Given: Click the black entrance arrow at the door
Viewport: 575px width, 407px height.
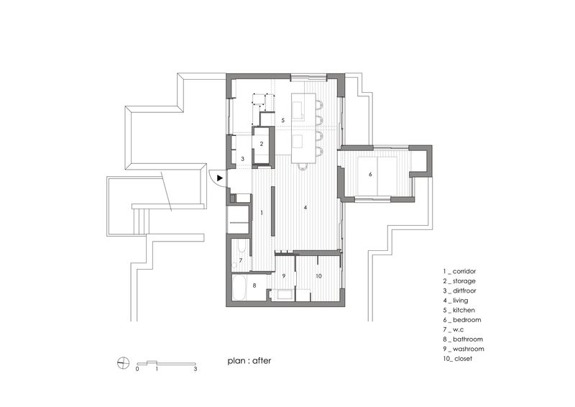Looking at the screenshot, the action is point(220,178).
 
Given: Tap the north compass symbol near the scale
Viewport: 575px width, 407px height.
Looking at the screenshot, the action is point(123,363).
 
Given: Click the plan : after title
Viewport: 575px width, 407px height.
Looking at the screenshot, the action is point(249,361).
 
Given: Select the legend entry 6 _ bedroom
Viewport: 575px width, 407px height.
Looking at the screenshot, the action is point(462,320).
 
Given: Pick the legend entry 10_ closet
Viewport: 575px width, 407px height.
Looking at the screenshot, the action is point(458,359).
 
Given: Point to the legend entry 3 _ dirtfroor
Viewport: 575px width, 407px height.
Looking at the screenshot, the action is point(459,291).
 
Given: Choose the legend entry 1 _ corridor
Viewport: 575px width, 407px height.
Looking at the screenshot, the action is point(459,271).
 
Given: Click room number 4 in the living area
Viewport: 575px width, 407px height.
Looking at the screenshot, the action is point(305,208).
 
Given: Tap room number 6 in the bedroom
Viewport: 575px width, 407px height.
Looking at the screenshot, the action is point(370,174).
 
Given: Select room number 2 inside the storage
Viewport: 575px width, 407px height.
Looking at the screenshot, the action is point(262,145).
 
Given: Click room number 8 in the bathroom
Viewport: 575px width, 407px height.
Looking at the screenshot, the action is point(254,285).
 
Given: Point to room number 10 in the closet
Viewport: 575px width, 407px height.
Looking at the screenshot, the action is point(318,276).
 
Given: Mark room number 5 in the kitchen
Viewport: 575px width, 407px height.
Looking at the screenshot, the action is point(282,120).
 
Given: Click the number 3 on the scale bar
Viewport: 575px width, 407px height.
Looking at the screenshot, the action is point(195,369).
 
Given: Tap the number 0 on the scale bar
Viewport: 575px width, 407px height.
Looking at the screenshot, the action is point(137,369).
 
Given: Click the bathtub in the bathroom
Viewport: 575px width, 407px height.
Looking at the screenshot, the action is point(239,288).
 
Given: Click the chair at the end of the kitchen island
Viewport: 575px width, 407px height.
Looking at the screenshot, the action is point(303,167).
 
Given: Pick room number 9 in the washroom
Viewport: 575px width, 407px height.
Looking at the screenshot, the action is point(284,276).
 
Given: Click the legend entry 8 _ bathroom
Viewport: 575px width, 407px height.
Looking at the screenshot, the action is point(463,339).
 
